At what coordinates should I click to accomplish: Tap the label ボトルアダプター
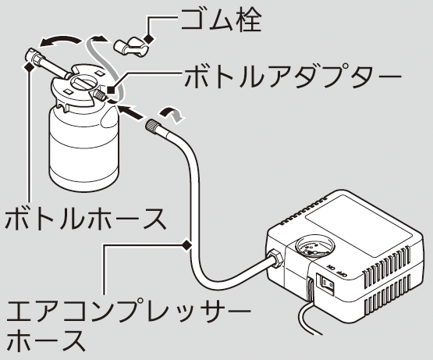pyautogui.click(x=293, y=77)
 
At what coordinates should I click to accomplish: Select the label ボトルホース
pyautogui.click(x=86, y=219)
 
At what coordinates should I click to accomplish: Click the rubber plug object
pyautogui.click(x=131, y=46)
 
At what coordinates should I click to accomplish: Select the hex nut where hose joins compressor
pyautogui.click(x=274, y=258)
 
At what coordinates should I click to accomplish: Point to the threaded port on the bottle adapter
pyautogui.click(x=99, y=95)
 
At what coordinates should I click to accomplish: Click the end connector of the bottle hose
pyautogui.click(x=34, y=56)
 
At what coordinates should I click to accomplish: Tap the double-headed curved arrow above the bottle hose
pyautogui.click(x=60, y=41)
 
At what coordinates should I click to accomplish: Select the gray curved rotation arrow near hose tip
pyautogui.click(x=171, y=113)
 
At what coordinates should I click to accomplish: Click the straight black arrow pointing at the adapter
pyautogui.click(x=130, y=111)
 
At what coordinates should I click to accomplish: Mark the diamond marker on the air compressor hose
pyautogui.click(x=186, y=245)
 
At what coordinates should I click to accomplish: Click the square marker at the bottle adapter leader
pyautogui.click(x=111, y=90)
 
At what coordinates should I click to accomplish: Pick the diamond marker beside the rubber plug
pyautogui.click(x=149, y=38)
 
